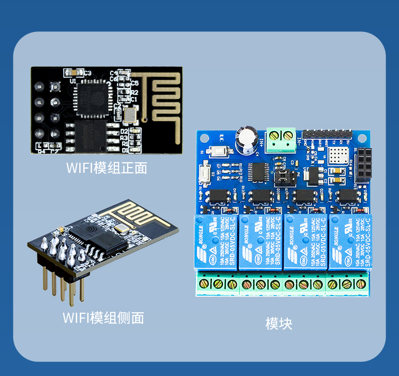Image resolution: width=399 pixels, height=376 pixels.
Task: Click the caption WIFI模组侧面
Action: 103,318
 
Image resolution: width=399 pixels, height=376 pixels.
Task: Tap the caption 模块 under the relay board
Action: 279,323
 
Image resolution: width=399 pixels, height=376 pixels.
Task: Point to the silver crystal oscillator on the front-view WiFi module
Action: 129,113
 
